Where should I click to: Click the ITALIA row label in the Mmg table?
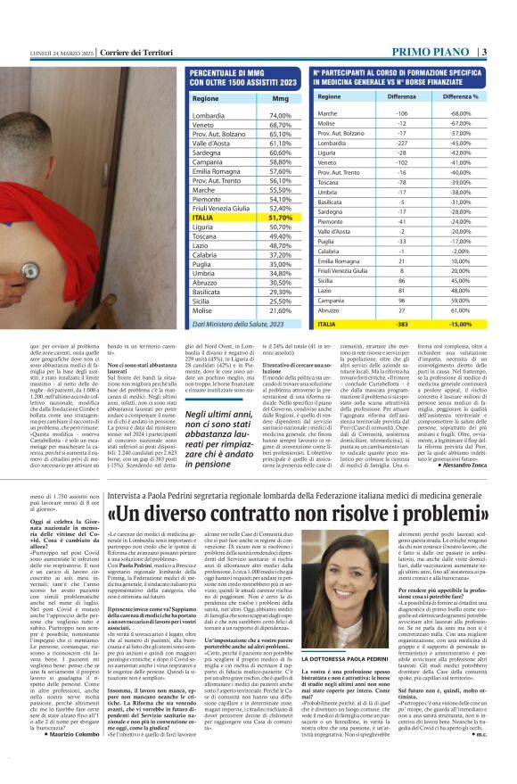point(203,217)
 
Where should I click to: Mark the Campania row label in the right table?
point(332,298)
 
